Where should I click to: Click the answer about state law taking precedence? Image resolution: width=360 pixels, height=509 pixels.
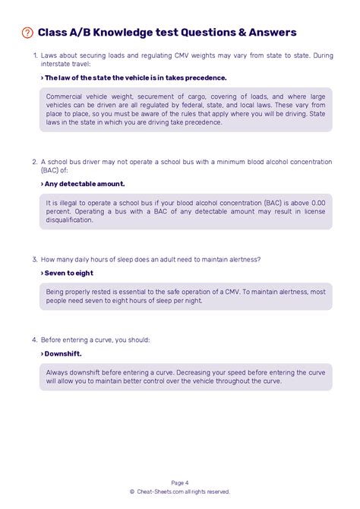(134, 77)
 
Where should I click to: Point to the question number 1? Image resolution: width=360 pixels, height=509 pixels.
(35, 56)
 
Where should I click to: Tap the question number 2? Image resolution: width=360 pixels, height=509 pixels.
(35, 162)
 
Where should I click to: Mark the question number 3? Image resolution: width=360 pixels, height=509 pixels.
(35, 259)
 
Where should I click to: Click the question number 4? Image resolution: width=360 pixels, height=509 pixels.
(35, 340)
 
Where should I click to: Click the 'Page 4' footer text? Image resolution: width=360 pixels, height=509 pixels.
(180, 482)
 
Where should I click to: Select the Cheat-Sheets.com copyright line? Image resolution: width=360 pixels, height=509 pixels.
(180, 492)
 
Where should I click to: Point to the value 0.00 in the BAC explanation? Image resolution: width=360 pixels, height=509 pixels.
(317, 204)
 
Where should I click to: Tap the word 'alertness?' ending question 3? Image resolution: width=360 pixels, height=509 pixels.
(242, 259)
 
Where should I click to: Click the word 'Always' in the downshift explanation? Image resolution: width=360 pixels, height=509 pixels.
(58, 372)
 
